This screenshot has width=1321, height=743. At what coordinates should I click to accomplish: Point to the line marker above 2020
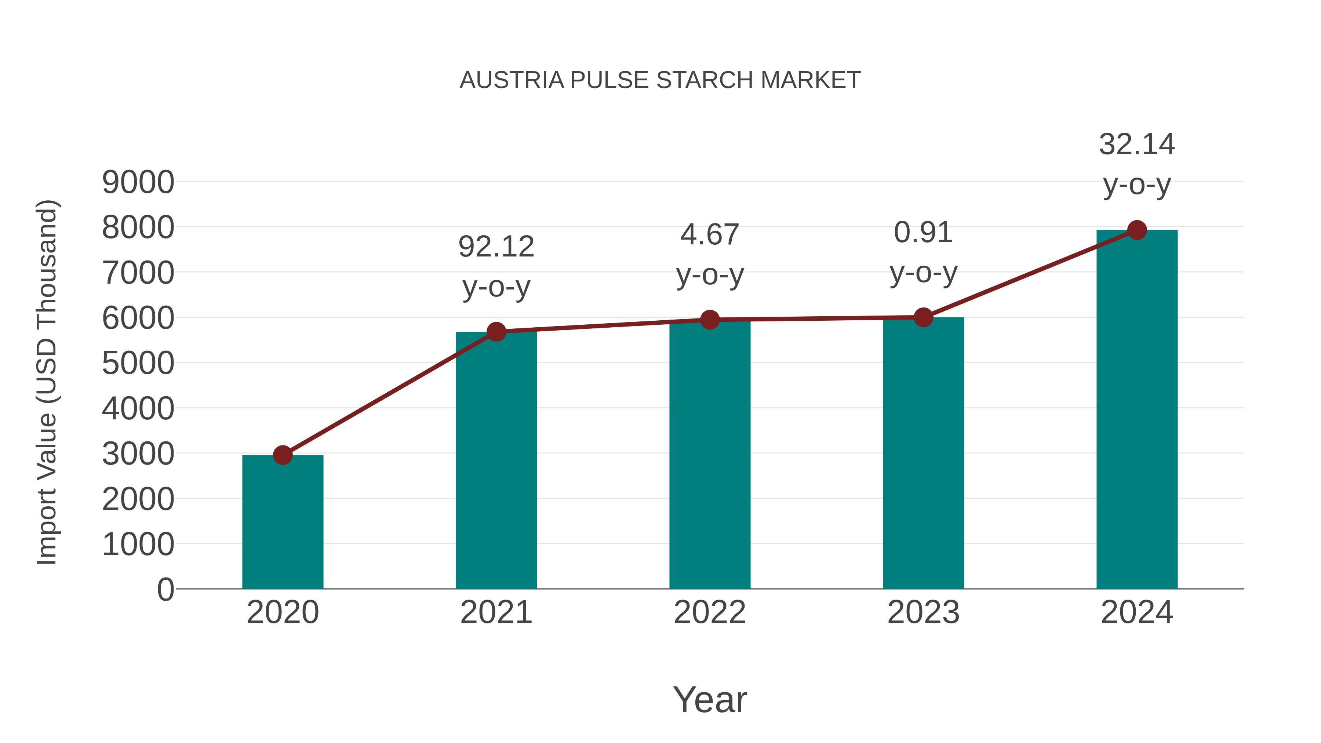(283, 455)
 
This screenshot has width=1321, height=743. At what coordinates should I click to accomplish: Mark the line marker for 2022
(710, 320)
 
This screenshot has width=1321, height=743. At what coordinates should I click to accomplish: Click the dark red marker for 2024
(1137, 230)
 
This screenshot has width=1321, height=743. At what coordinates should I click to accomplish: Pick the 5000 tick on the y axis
(138, 364)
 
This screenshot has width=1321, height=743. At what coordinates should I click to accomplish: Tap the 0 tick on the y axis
(165, 590)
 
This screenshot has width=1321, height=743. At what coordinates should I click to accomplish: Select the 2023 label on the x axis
(923, 612)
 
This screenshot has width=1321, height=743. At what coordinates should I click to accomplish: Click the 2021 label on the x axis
(496, 612)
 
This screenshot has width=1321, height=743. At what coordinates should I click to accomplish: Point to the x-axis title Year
(710, 699)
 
